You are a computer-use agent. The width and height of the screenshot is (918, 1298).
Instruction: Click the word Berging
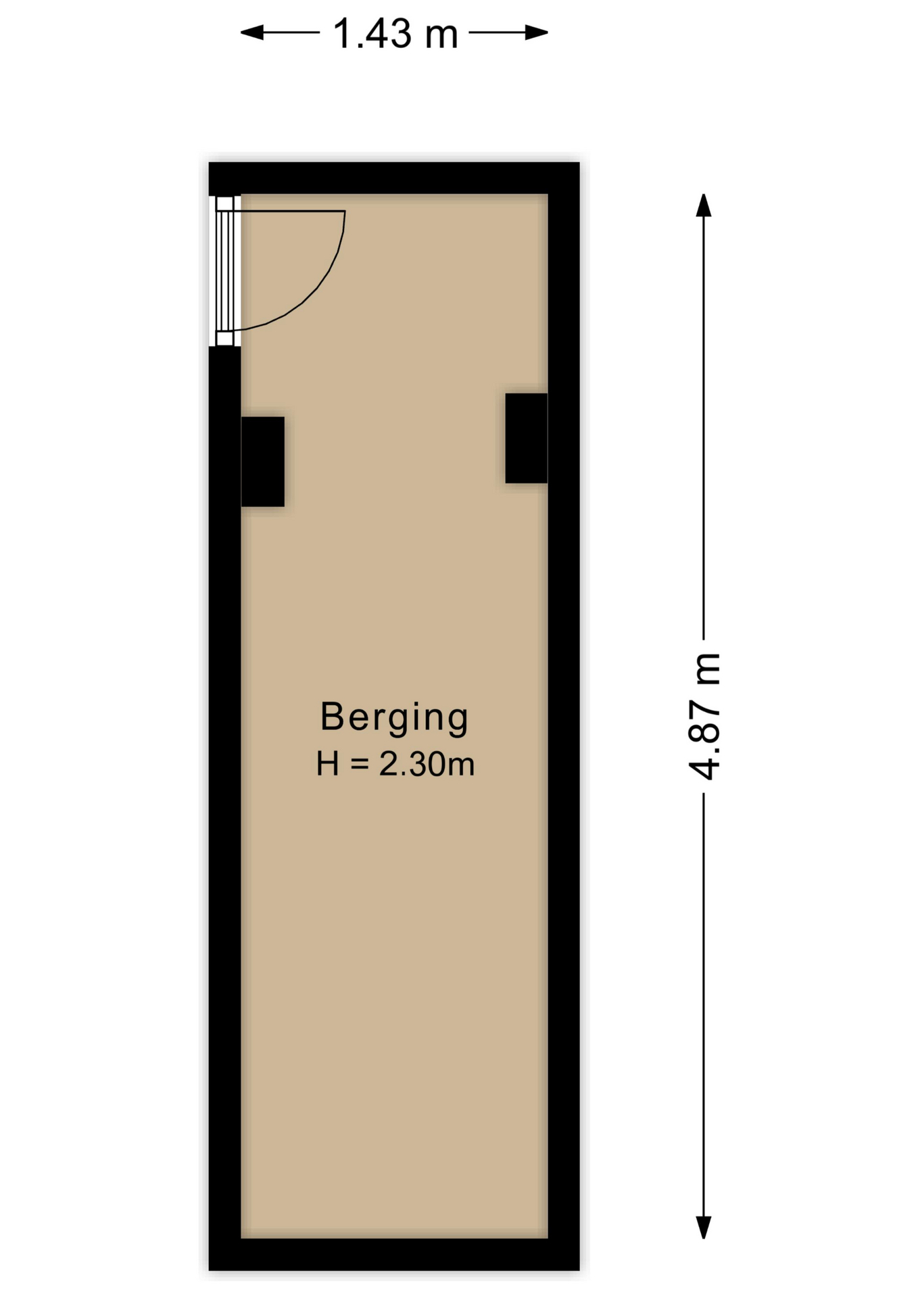(x=394, y=718)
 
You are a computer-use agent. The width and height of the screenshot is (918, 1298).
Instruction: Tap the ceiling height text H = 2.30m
(x=395, y=765)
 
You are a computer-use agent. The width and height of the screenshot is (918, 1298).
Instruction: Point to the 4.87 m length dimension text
(x=704, y=717)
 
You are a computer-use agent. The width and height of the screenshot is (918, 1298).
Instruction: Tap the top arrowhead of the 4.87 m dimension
(x=704, y=205)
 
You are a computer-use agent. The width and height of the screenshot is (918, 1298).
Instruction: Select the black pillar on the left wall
(x=262, y=462)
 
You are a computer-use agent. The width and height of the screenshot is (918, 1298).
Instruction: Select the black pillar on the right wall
(x=526, y=438)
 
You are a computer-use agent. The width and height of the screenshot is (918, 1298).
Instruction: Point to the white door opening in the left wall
(x=224, y=270)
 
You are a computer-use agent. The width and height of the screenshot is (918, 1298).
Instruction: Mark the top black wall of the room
(x=394, y=178)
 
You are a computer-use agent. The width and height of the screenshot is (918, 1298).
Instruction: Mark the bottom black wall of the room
(x=394, y=1254)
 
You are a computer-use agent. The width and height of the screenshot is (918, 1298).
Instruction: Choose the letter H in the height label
(x=328, y=765)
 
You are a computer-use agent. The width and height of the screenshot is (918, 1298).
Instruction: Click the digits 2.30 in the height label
(x=410, y=765)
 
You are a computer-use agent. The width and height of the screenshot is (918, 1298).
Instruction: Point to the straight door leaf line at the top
(x=291, y=211)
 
